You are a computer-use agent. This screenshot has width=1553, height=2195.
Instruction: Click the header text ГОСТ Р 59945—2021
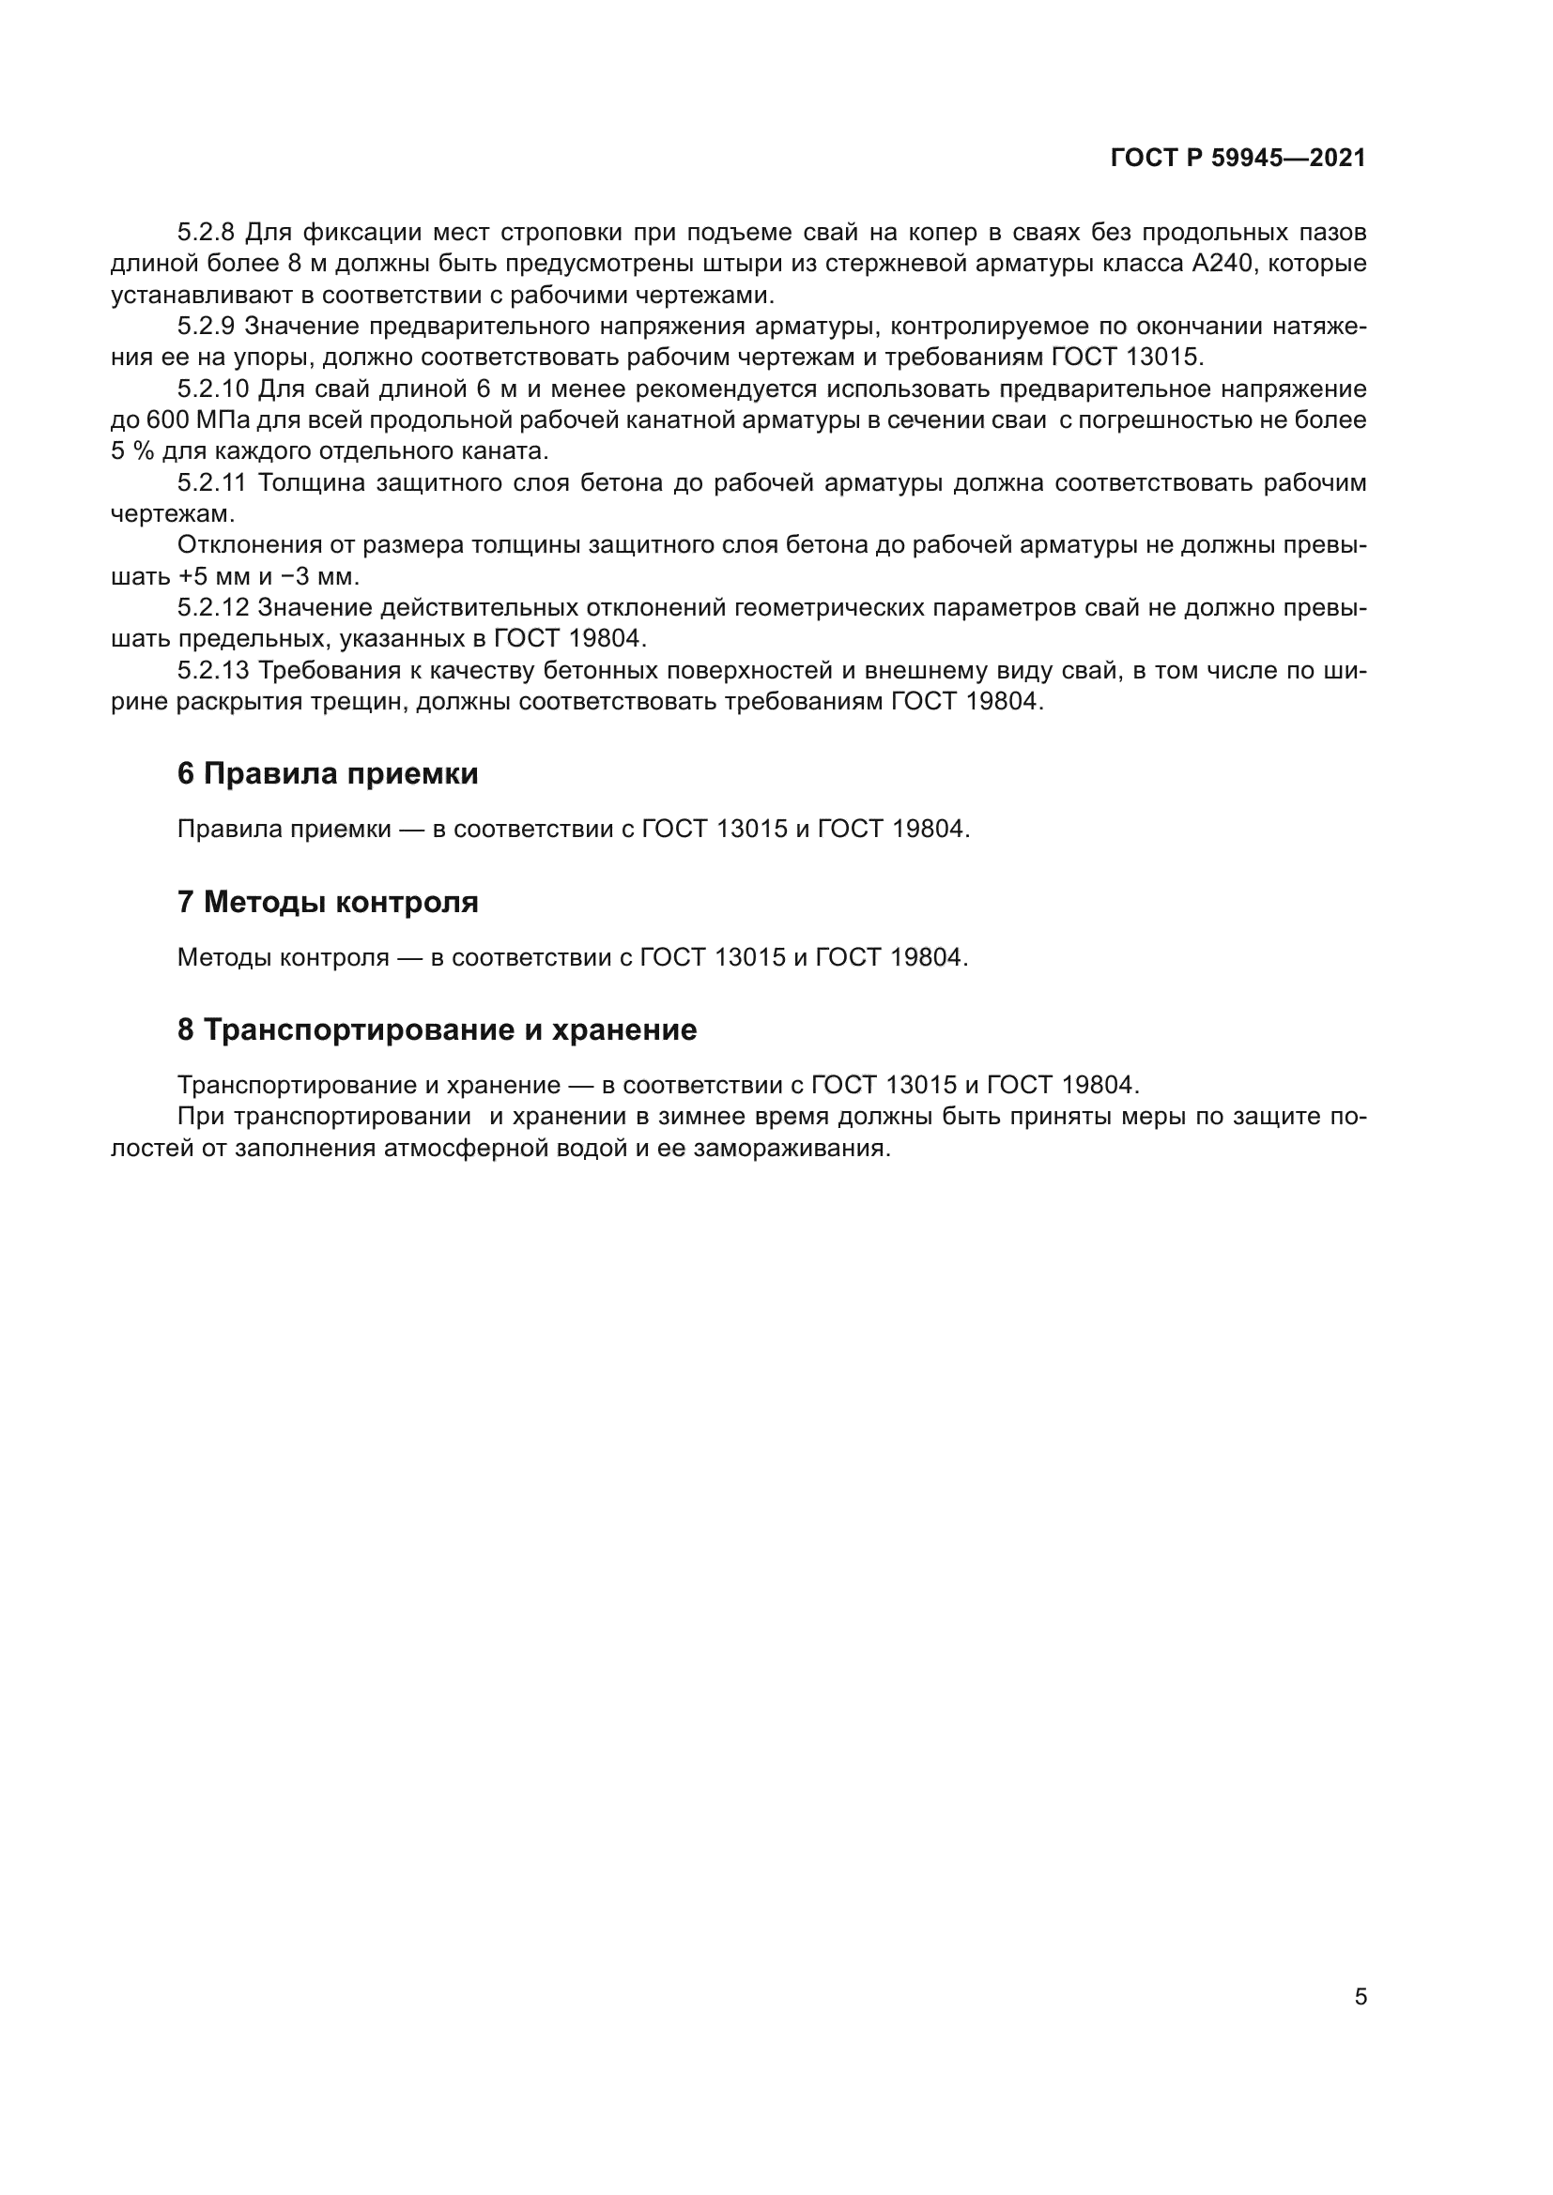(1238, 159)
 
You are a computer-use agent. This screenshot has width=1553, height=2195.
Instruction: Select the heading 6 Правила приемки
(327, 773)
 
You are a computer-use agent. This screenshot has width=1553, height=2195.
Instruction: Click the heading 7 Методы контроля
(327, 902)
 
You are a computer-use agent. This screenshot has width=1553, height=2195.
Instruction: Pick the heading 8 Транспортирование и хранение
(437, 1029)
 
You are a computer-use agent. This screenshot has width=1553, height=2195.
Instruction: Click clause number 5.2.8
(206, 233)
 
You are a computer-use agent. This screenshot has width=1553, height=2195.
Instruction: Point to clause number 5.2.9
(206, 326)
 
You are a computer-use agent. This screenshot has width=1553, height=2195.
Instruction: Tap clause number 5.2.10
(213, 389)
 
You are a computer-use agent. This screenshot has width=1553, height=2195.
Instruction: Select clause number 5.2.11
(212, 482)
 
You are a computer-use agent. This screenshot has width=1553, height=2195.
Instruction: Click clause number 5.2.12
(212, 608)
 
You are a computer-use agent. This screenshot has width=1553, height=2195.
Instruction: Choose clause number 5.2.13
(212, 670)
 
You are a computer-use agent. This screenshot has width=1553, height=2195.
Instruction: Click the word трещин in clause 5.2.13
(359, 702)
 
